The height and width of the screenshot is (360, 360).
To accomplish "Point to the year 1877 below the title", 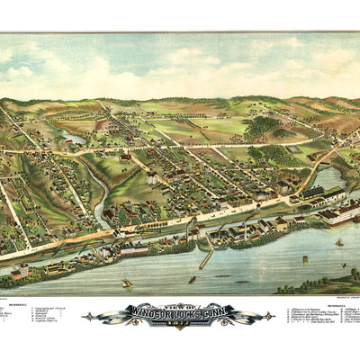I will click(x=180, y=324).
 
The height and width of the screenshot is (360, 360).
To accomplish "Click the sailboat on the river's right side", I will click(x=339, y=242).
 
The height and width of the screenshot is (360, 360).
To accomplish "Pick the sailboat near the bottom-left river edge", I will click(x=127, y=284).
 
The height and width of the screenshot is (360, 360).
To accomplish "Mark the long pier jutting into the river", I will click(x=206, y=256).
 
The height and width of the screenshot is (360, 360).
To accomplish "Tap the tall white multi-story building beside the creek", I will click(x=150, y=179).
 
